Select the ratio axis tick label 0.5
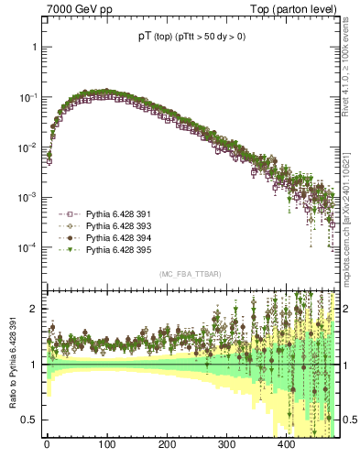click(29, 420)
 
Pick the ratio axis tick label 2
click(34, 309)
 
